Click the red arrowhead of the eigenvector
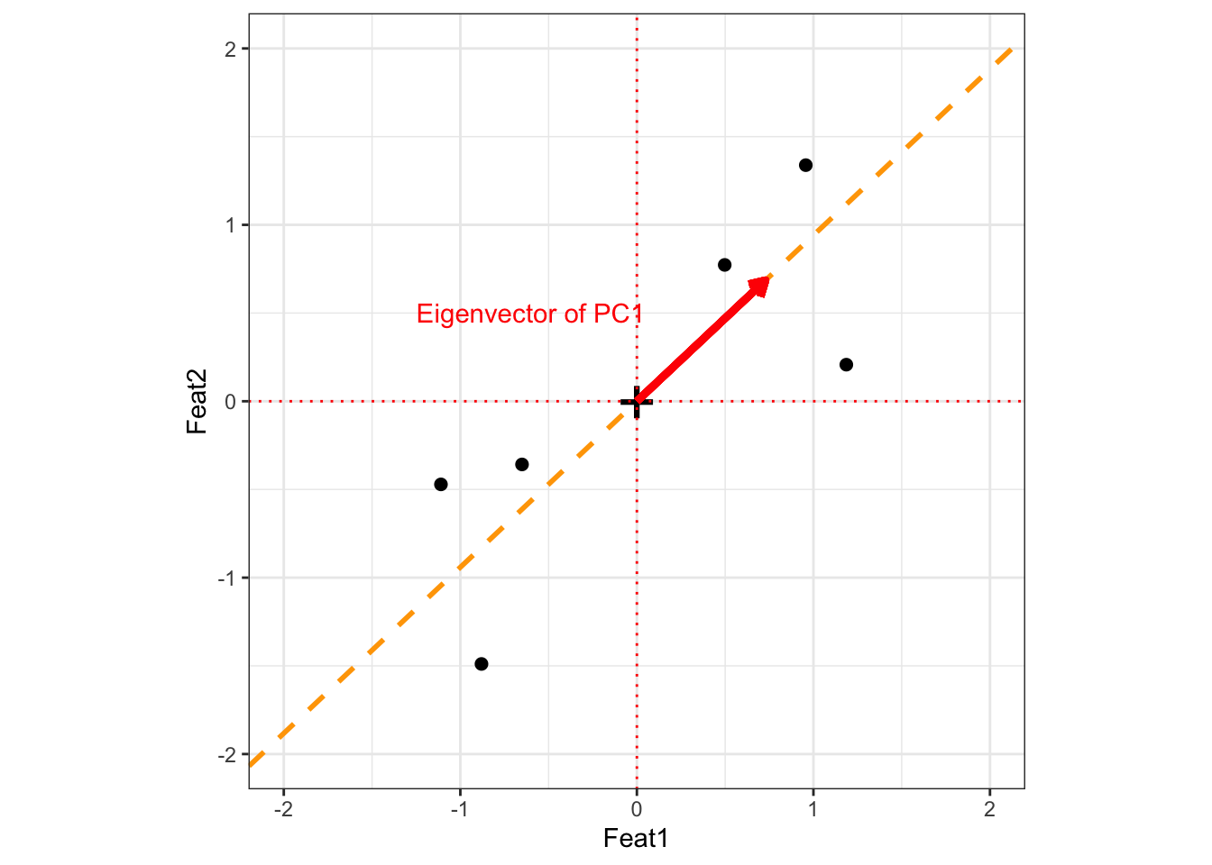pyautogui.click(x=759, y=287)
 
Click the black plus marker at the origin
pyautogui.click(x=637, y=402)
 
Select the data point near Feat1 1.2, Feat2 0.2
pyautogui.click(x=846, y=365)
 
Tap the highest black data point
pyautogui.click(x=805, y=165)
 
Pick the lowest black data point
pyautogui.click(x=481, y=664)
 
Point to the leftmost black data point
pyautogui.click(x=441, y=485)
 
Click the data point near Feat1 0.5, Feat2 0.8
pyautogui.click(x=724, y=265)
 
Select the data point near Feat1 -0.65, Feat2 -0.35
pyautogui.click(x=521, y=464)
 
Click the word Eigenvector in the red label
pyautogui.click(x=486, y=314)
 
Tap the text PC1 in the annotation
pyautogui.click(x=617, y=314)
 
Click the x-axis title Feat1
pyautogui.click(x=636, y=839)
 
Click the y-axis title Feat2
pyautogui.click(x=197, y=402)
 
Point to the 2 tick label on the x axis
pyautogui.click(x=989, y=809)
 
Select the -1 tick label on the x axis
pyautogui.click(x=460, y=809)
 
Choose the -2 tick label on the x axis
pyautogui.click(x=283, y=809)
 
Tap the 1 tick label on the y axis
pyautogui.click(x=231, y=225)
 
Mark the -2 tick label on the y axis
pyautogui.click(x=227, y=754)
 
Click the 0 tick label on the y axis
pyautogui.click(x=231, y=402)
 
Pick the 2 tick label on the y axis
pyautogui.click(x=231, y=49)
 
